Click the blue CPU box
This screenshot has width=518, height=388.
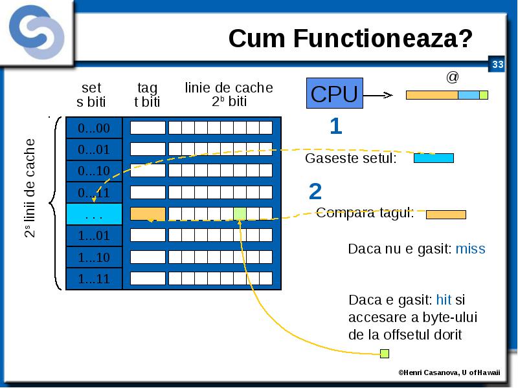[335, 93]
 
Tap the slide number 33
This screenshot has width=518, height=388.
[497, 64]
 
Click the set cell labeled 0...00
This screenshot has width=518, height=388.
[94, 128]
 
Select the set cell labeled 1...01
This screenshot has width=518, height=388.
[94, 235]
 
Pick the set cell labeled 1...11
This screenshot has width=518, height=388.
[94, 279]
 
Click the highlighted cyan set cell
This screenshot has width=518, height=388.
[94, 214]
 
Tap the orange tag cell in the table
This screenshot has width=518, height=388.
[148, 214]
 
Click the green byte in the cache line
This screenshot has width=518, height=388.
[240, 214]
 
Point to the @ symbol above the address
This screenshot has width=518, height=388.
[452, 77]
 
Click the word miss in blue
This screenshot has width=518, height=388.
[471, 249]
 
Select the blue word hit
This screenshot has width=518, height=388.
[444, 300]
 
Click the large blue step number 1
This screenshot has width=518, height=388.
[335, 126]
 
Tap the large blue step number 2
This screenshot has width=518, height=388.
[315, 191]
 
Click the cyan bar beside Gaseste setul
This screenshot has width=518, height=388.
[434, 158]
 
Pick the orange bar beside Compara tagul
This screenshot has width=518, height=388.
[446, 215]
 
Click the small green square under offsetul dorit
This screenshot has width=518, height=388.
[385, 354]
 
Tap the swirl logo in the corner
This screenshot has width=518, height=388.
[37, 32]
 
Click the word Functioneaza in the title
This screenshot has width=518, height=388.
[383, 39]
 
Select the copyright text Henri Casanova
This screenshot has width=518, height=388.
[428, 372]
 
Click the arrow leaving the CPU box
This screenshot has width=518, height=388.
[378, 95]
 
